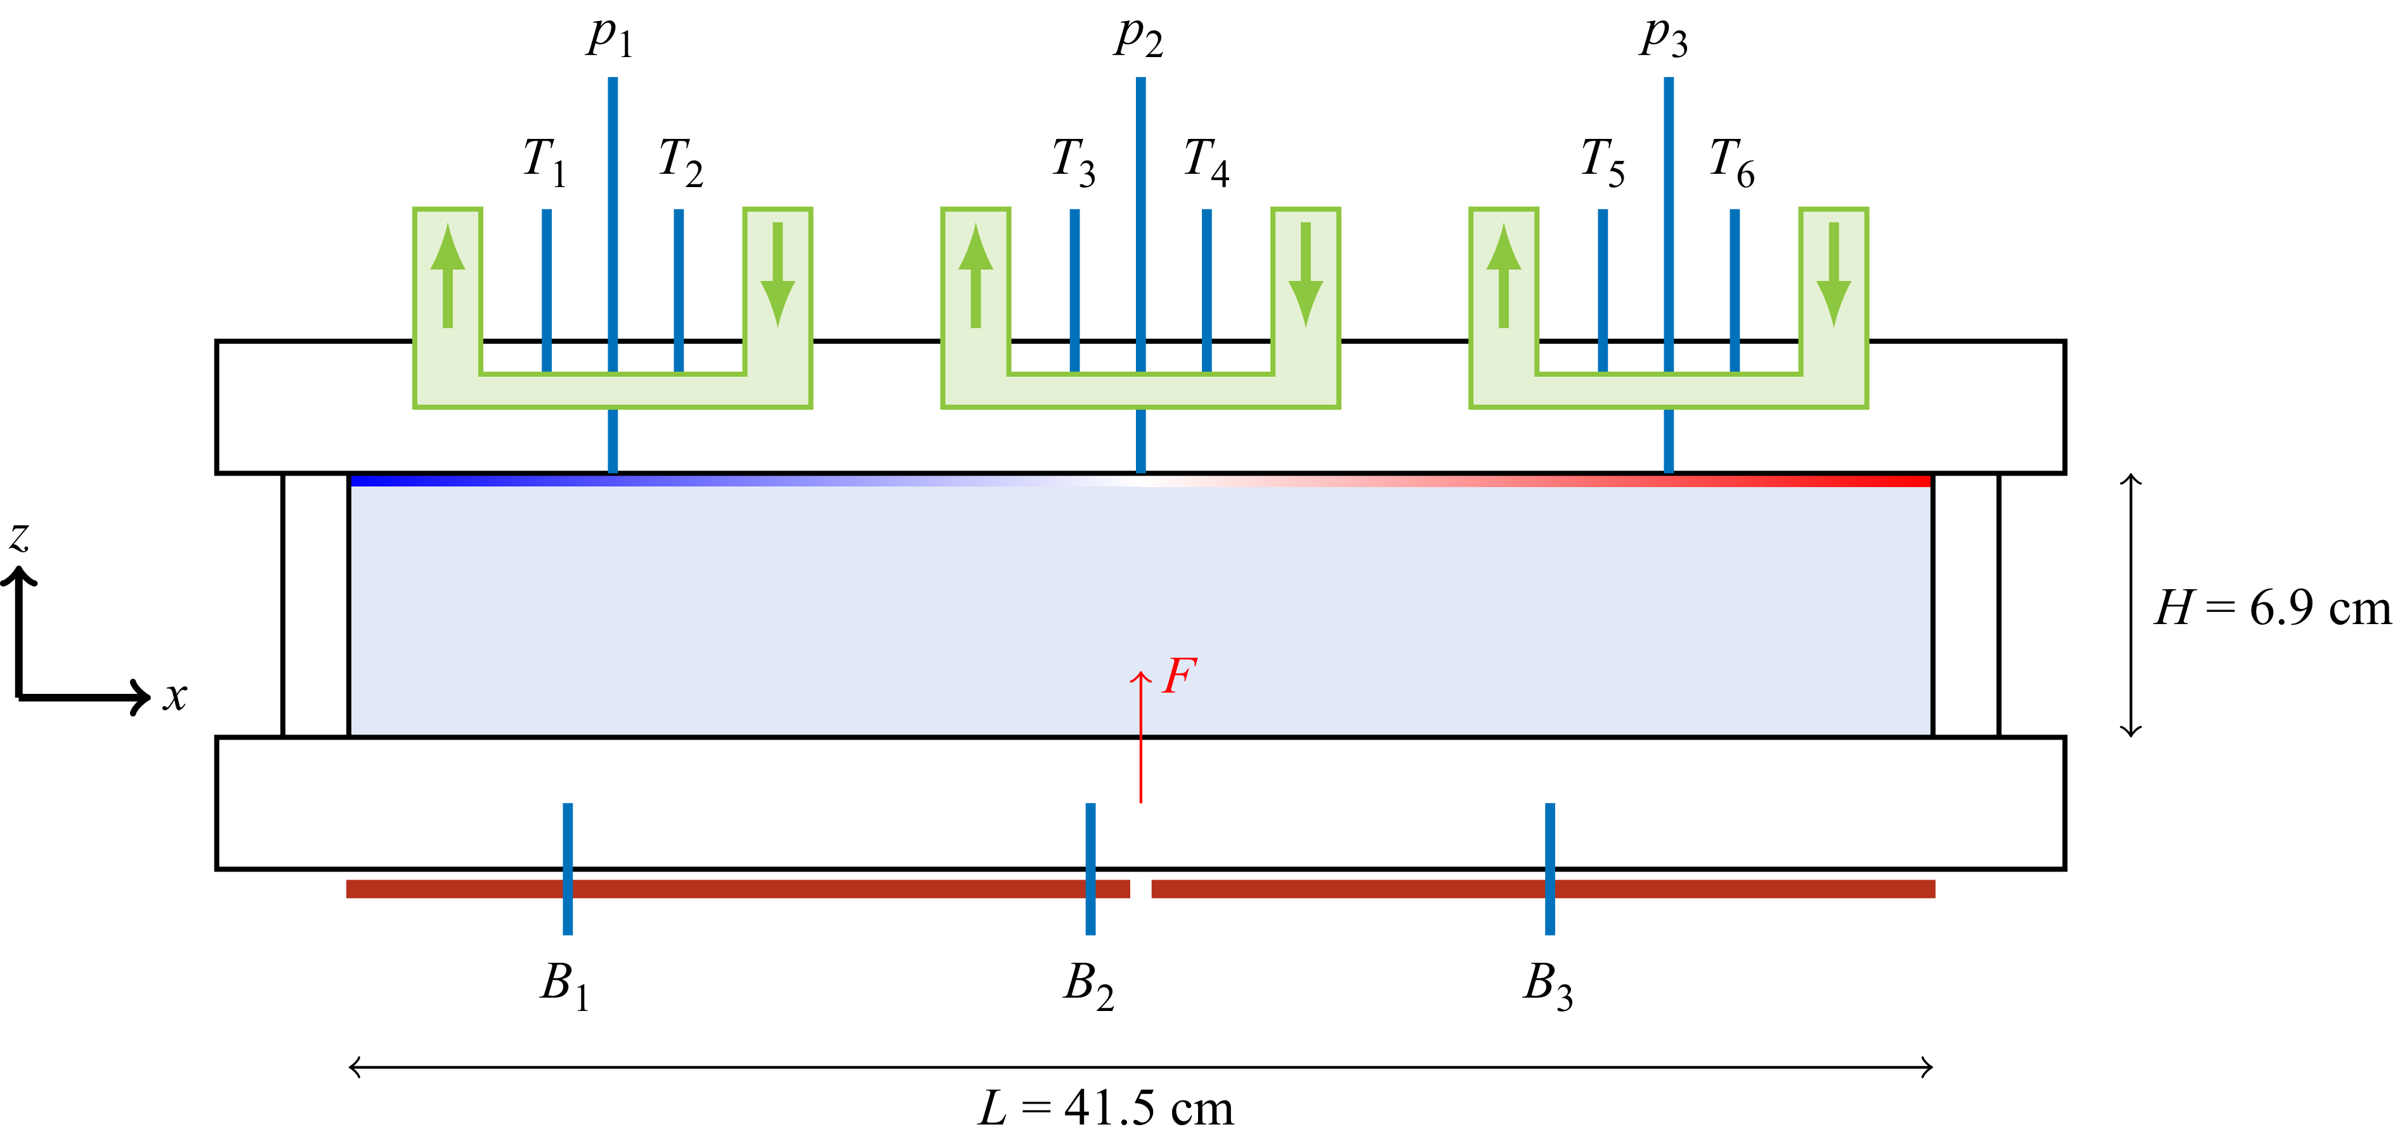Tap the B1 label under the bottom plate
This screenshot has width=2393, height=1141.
coord(565,986)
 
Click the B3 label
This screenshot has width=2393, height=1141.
coord(1548,986)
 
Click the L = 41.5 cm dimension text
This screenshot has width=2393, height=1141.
coord(1106,1107)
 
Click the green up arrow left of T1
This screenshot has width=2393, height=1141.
coord(448,275)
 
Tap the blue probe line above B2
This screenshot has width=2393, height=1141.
coord(1091,869)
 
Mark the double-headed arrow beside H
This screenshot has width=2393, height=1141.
coord(2131,605)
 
